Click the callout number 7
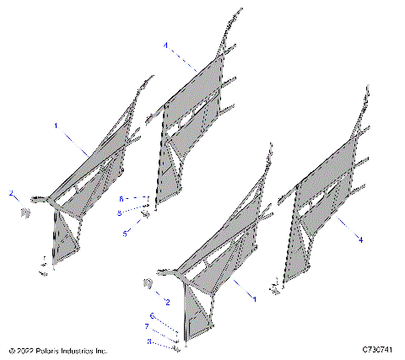click(146, 325)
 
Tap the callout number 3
click(149, 341)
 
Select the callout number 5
click(124, 233)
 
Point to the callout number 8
click(120, 212)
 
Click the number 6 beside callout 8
click(120, 198)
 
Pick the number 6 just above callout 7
click(152, 314)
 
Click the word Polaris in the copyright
click(50, 349)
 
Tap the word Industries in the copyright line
click(79, 349)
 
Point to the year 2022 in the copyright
click(26, 349)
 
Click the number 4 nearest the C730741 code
click(361, 239)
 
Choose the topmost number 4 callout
click(165, 44)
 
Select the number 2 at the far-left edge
click(11, 194)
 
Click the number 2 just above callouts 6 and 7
click(167, 301)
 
